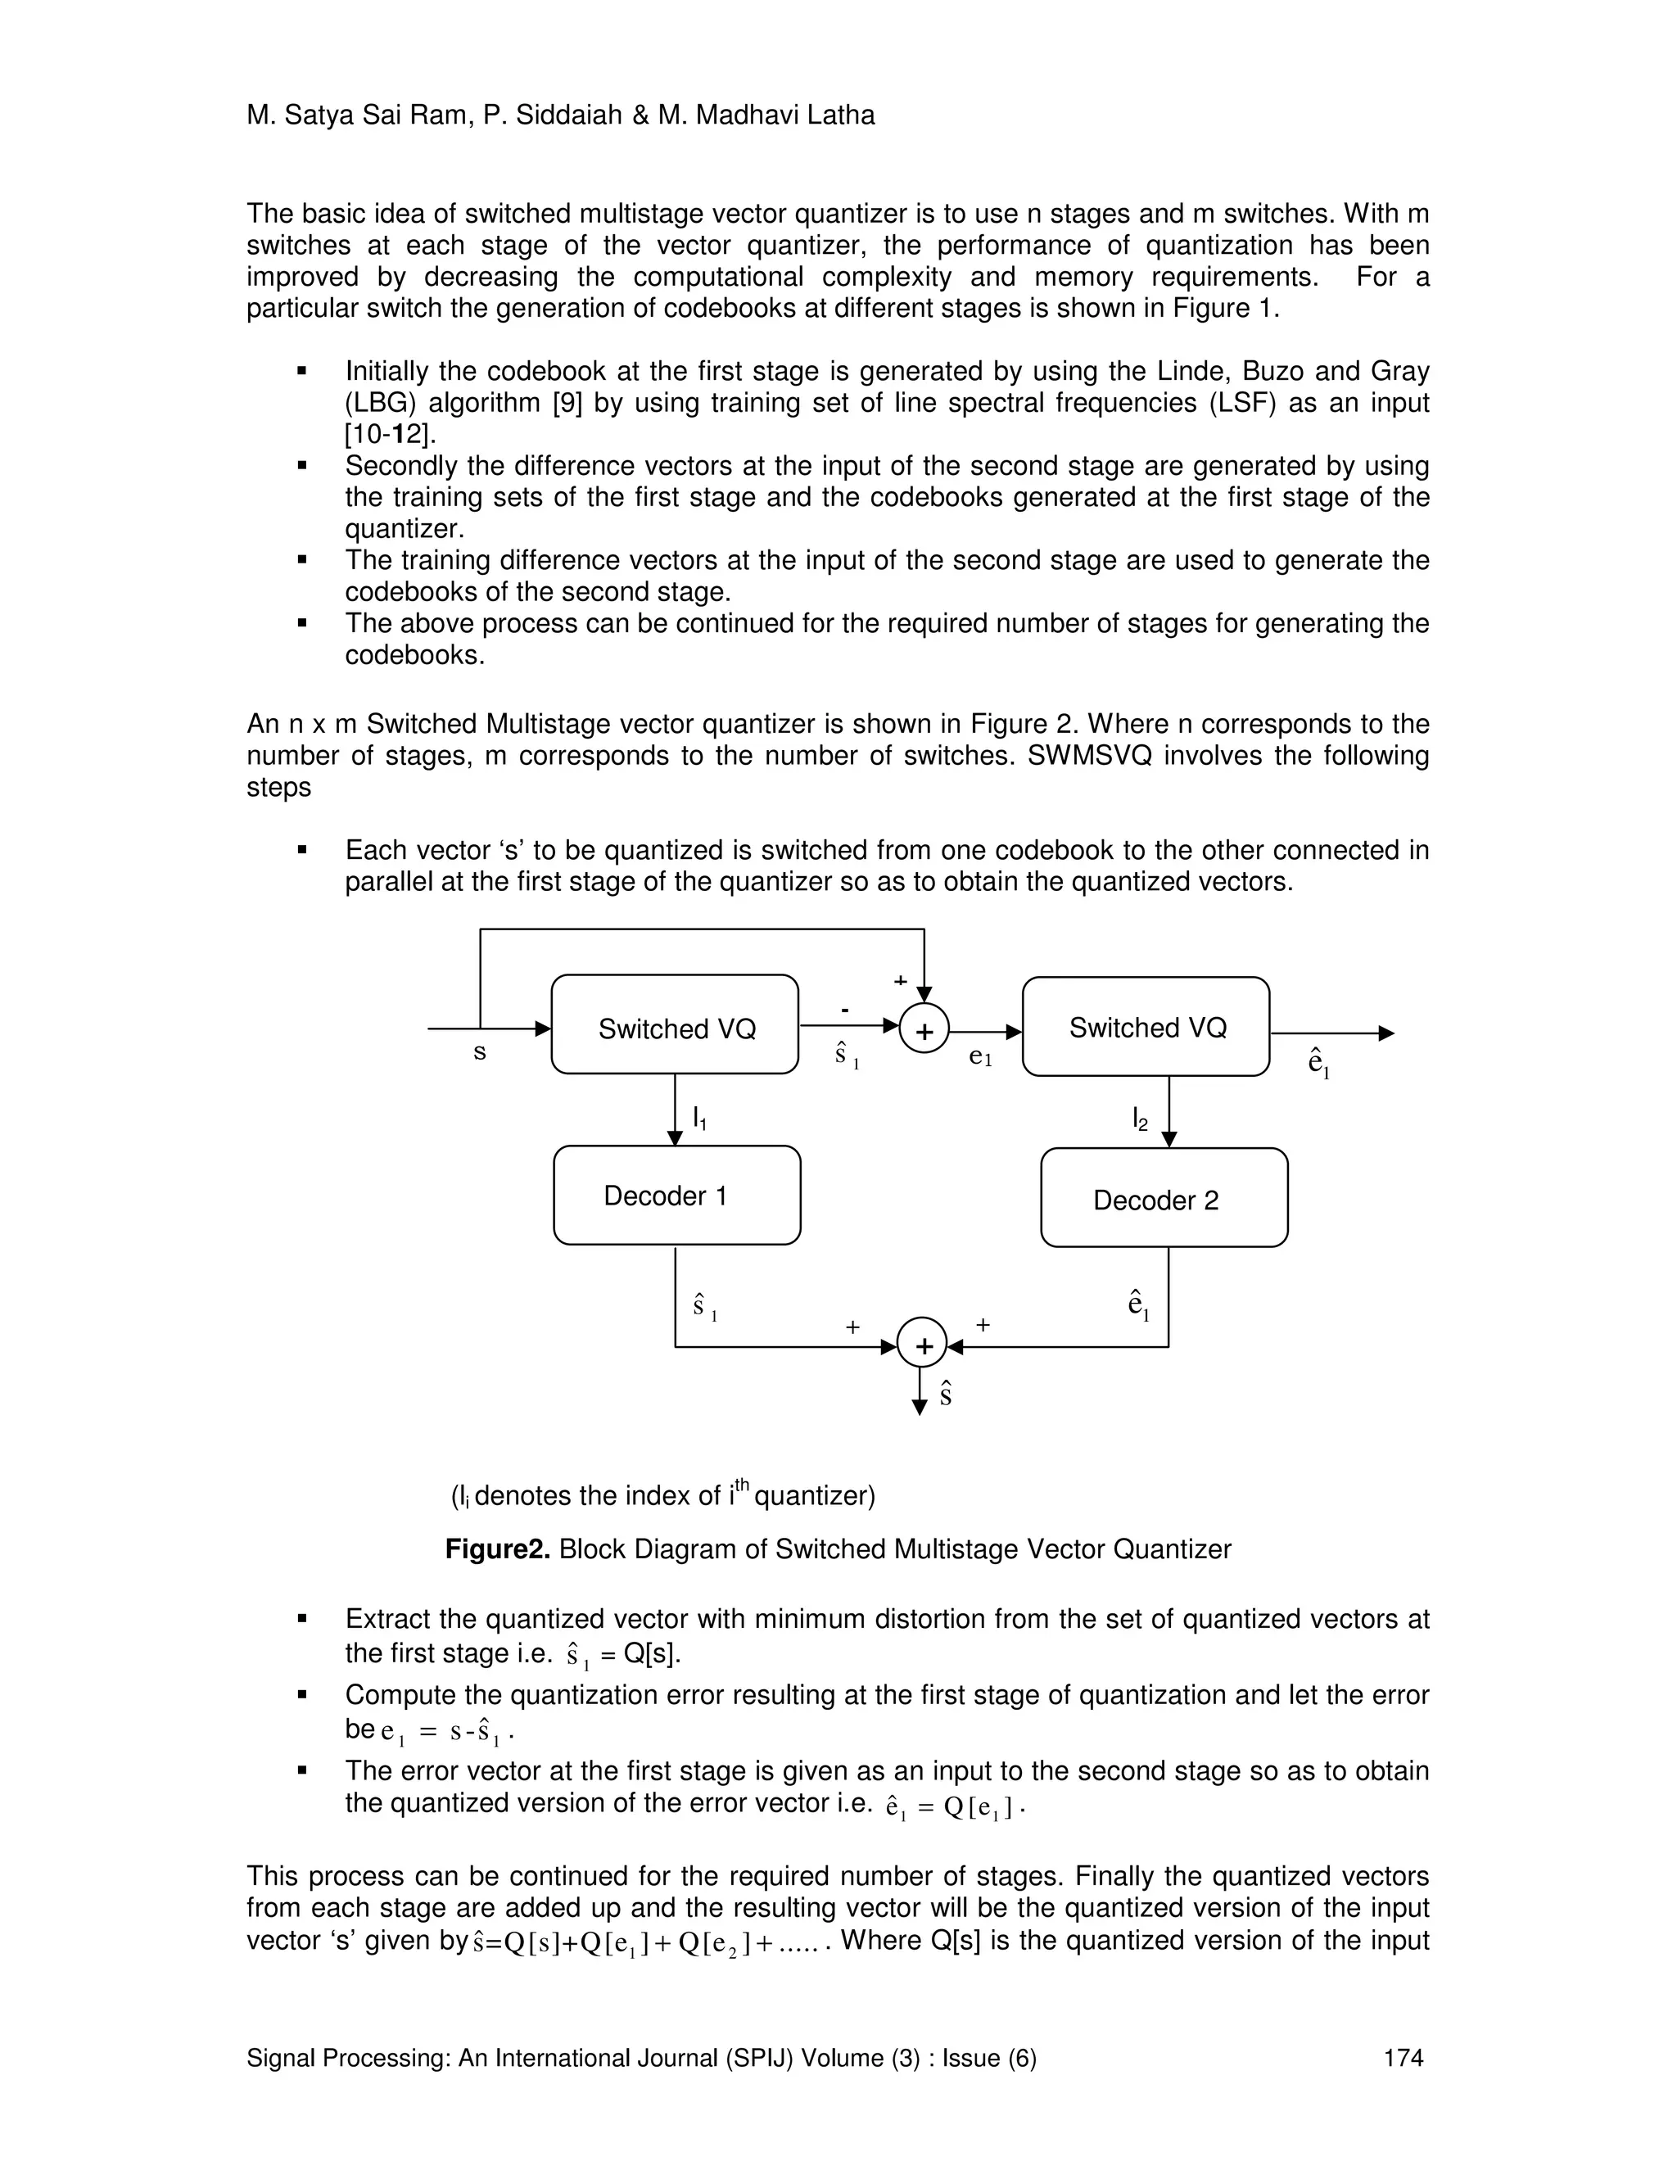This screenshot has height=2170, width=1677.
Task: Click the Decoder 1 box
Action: [676, 1196]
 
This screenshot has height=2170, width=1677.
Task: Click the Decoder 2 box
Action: [1164, 1198]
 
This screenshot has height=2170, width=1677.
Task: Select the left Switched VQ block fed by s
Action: [675, 1024]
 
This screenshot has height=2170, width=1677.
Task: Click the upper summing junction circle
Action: [924, 1030]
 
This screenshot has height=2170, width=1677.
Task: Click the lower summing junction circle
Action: [922, 1345]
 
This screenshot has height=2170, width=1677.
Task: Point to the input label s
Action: [480, 1052]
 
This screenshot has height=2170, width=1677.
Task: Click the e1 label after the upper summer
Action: [979, 1058]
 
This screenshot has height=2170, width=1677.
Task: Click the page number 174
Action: [1403, 2058]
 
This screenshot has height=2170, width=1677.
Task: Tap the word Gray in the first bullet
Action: [1399, 371]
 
